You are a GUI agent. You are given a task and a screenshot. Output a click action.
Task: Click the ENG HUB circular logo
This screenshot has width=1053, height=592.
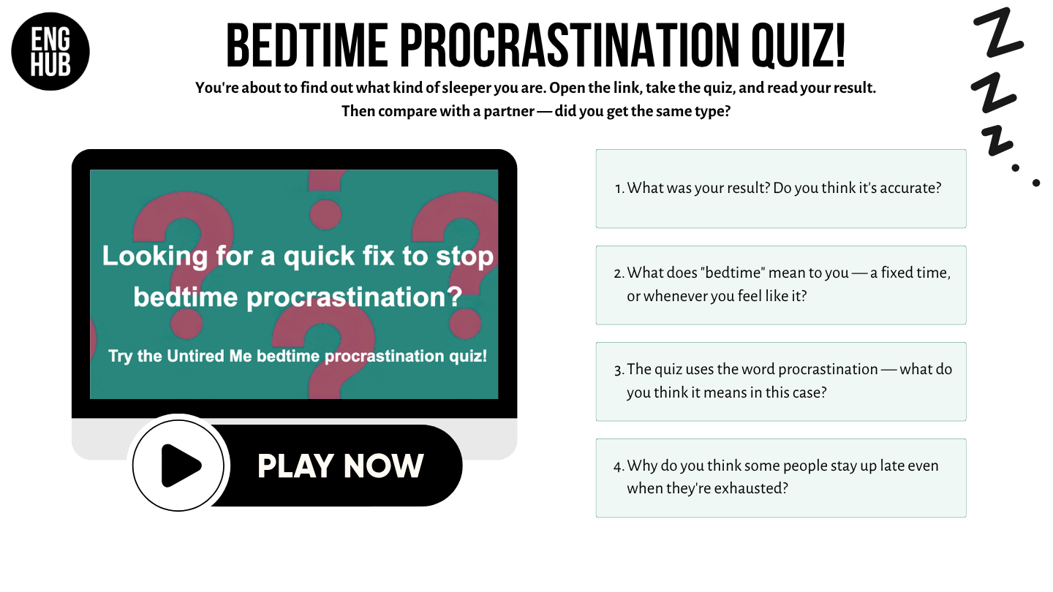click(50, 51)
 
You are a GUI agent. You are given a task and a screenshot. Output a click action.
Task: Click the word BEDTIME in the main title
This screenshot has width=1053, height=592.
click(307, 45)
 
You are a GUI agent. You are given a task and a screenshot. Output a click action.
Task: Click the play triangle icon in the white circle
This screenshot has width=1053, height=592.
click(181, 466)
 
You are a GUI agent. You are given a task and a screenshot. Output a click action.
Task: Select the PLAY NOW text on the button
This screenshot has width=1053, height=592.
click(340, 466)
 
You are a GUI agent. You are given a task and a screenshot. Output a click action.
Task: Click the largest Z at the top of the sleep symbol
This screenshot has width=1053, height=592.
click(998, 33)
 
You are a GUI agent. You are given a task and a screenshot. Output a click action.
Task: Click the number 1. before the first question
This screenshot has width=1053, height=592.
click(619, 189)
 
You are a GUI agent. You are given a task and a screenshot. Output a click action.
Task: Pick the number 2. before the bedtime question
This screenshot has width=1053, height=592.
click(619, 273)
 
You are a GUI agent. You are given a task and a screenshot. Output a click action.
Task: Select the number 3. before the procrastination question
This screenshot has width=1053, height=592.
click(619, 371)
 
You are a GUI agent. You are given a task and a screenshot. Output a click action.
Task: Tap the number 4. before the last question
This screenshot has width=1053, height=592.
click(619, 466)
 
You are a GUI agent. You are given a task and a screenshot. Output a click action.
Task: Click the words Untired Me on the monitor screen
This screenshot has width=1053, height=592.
click(209, 356)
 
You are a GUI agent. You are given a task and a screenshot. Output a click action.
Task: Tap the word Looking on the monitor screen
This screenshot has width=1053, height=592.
click(155, 257)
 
